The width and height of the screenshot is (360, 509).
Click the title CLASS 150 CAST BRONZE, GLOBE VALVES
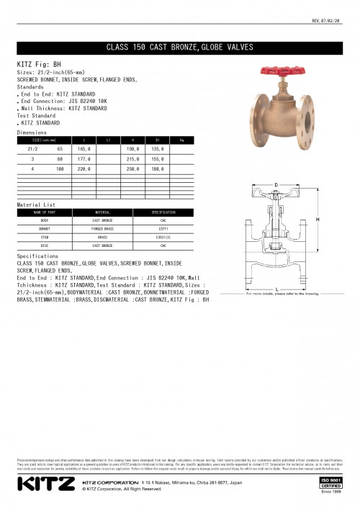tap(179, 48)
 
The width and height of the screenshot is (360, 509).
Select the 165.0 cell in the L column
tap(84, 148)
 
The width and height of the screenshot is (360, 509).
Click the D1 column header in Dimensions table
tap(157, 138)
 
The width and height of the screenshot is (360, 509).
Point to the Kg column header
tap(181, 138)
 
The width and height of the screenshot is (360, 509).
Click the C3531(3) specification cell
tap(163, 235)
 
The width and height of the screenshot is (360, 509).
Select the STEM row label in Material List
tap(45, 235)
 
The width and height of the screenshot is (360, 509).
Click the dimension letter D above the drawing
tap(274, 185)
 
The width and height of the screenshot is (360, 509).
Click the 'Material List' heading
tap(35, 205)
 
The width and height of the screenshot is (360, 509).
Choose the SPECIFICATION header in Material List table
tap(163, 212)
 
